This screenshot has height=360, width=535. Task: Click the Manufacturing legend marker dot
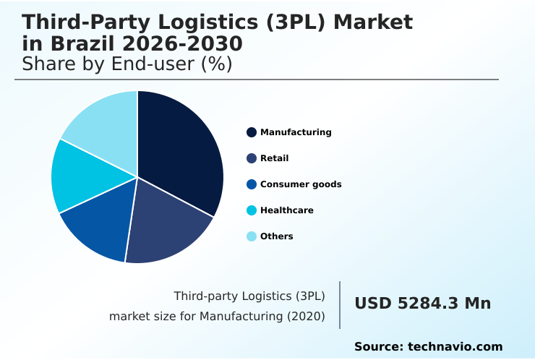tap(252, 132)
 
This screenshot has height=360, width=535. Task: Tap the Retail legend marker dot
tap(252, 158)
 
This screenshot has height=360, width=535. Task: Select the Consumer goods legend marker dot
tap(252, 184)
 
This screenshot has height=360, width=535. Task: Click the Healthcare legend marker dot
tap(252, 210)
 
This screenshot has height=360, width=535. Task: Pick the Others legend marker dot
tap(252, 236)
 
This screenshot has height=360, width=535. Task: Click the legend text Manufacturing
tap(296, 132)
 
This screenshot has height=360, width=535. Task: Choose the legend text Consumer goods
tap(301, 184)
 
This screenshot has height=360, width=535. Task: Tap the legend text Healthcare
tap(287, 210)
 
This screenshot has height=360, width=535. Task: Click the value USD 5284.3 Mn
tap(422, 304)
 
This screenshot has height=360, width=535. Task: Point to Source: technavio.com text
tap(428, 347)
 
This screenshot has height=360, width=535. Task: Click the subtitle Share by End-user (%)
tap(127, 64)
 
